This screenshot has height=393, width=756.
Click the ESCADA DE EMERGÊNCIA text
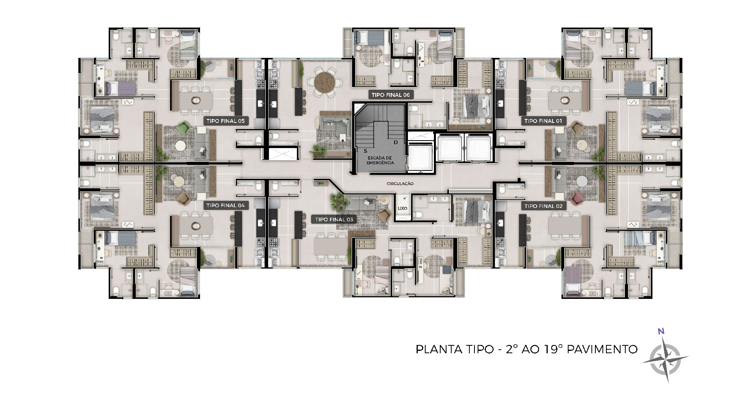pyautogui.click(x=380, y=160)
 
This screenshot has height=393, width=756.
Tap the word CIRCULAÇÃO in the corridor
pyautogui.click(x=400, y=184)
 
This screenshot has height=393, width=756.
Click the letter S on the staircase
pyautogui.click(x=365, y=151)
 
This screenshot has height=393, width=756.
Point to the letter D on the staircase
pyautogui.click(x=396, y=142)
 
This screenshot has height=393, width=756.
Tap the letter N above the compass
pyautogui.click(x=661, y=331)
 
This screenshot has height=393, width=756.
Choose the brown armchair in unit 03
pyautogui.click(x=384, y=214)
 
